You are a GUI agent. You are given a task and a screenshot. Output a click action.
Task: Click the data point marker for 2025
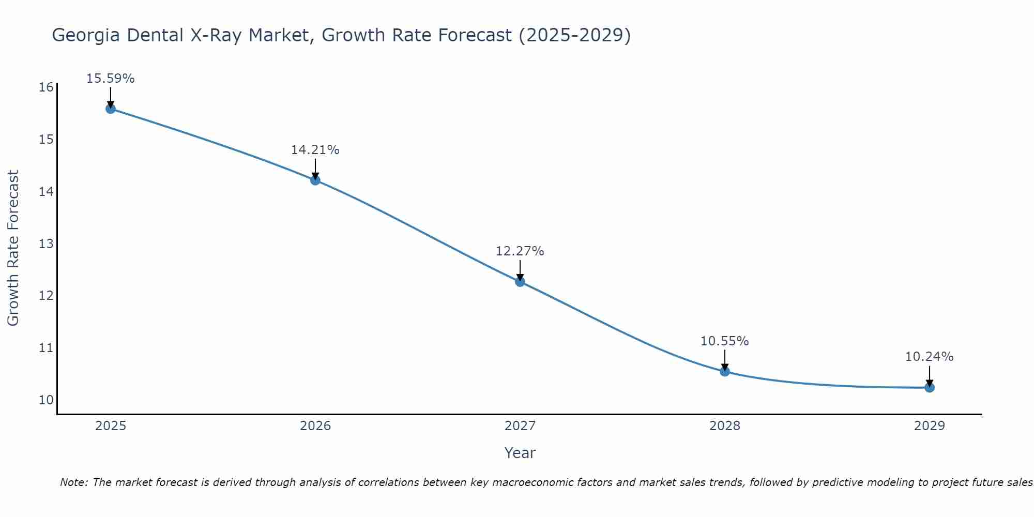click(110, 109)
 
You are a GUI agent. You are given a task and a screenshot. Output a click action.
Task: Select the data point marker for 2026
click(315, 180)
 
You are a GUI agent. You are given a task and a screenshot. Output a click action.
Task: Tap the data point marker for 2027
click(520, 282)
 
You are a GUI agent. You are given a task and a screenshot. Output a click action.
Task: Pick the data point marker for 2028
click(725, 371)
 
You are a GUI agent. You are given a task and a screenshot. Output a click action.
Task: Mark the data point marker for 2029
click(930, 387)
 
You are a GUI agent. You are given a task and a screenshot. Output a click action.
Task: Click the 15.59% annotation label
click(110, 79)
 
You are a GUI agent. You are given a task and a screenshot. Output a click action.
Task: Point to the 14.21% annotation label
click(315, 150)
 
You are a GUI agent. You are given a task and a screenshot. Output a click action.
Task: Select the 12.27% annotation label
click(520, 251)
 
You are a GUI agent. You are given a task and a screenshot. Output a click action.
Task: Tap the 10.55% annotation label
click(724, 341)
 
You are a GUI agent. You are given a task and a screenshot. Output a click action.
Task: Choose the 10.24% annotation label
click(929, 357)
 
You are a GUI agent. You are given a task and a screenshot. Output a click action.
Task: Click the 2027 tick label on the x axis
click(520, 426)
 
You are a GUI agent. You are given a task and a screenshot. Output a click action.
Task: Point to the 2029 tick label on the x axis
click(930, 426)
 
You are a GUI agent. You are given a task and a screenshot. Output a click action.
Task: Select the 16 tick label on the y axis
click(46, 87)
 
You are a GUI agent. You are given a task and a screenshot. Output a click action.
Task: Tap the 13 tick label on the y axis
click(46, 244)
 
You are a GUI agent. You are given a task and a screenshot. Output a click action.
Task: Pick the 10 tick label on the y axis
click(46, 400)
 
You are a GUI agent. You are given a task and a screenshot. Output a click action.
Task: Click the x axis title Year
click(520, 453)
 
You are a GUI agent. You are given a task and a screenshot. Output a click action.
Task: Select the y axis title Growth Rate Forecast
click(13, 248)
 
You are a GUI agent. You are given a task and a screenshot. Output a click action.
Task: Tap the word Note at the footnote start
click(73, 482)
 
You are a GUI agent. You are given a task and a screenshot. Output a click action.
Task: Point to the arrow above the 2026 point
click(315, 169)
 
